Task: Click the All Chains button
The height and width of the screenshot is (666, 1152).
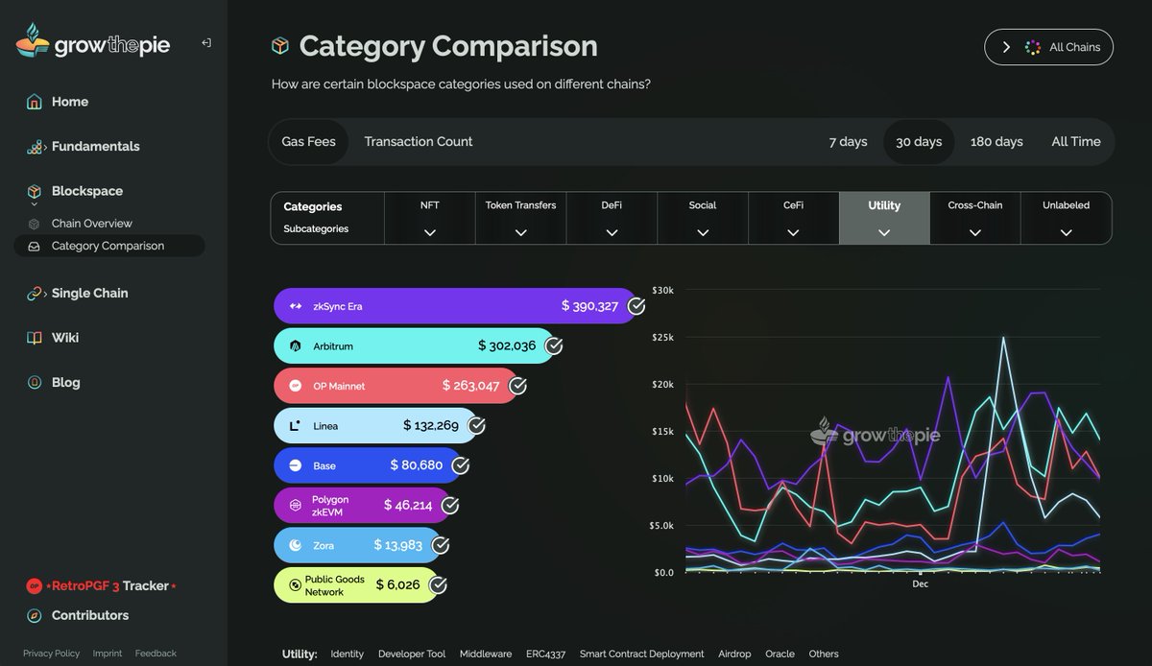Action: [1048, 47]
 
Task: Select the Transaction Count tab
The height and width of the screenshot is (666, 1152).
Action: [418, 142]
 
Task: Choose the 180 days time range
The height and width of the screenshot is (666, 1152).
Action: [996, 142]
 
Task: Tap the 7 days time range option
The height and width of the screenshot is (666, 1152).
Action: [848, 142]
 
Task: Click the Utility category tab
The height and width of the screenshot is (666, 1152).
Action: [883, 218]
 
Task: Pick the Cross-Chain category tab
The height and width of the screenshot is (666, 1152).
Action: [974, 218]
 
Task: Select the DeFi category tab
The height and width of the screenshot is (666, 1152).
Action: [611, 218]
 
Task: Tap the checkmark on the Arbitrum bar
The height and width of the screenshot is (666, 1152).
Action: [554, 346]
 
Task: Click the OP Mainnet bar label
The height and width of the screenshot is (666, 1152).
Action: [339, 387]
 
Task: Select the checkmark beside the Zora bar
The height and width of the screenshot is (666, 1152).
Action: [441, 545]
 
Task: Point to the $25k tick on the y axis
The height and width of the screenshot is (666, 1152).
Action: [663, 337]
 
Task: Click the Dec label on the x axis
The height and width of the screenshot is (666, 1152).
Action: [920, 583]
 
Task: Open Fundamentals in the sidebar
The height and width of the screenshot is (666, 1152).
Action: [95, 147]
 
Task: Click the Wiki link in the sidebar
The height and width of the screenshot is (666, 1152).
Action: [65, 338]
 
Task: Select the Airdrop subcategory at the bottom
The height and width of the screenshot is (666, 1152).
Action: [734, 654]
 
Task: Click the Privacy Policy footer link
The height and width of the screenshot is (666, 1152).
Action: [51, 654]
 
